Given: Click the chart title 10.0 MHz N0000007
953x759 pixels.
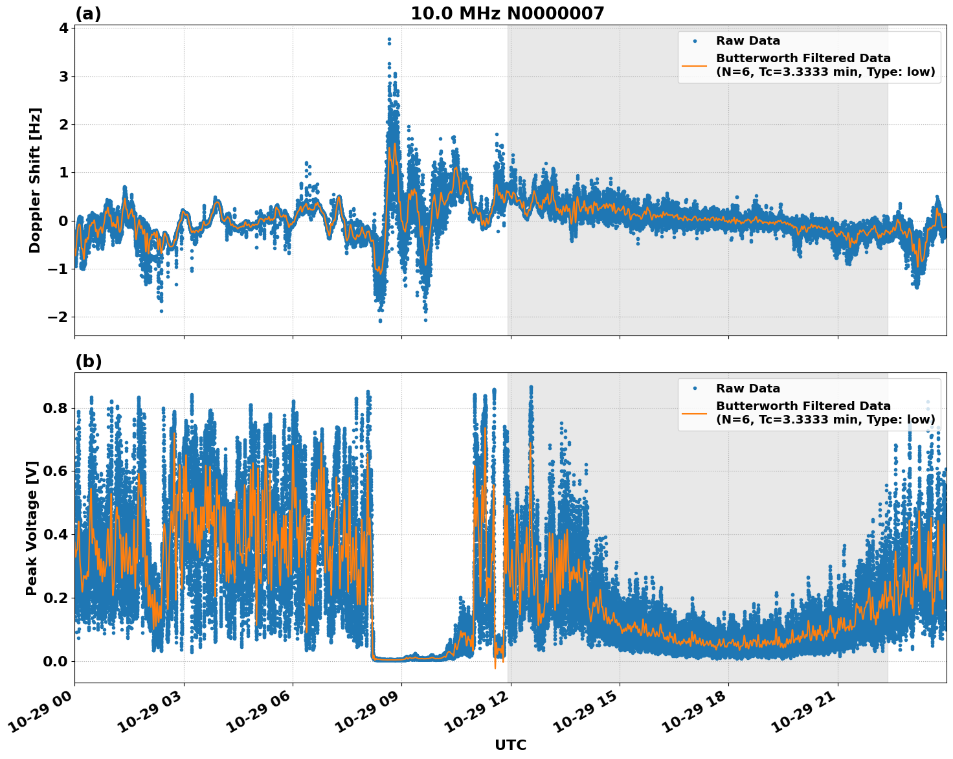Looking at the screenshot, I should pyautogui.click(x=507, y=14).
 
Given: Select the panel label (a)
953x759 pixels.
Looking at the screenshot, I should pyautogui.click(x=88, y=14).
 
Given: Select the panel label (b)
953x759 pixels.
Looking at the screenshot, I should pyautogui.click(x=88, y=361).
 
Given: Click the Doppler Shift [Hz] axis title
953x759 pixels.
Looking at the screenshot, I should pyautogui.click(x=35, y=180).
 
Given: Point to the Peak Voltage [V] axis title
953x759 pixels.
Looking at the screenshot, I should pyautogui.click(x=32, y=528).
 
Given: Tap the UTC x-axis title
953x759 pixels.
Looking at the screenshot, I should pyautogui.click(x=510, y=745).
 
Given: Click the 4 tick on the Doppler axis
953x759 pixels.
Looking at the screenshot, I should pyautogui.click(x=63, y=28).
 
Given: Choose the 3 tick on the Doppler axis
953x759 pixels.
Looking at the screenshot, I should pyautogui.click(x=63, y=76).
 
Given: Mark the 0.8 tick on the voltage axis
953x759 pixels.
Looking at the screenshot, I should pyautogui.click(x=56, y=408).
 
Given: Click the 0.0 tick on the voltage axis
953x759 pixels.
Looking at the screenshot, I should pyautogui.click(x=56, y=661).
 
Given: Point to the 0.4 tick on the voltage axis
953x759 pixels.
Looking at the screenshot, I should pyautogui.click(x=56, y=534).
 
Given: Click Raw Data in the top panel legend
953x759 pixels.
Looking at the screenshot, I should pyautogui.click(x=748, y=41).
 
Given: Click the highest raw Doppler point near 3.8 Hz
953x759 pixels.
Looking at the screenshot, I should pyautogui.click(x=389, y=40).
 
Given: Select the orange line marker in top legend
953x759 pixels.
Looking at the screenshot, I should pyautogui.click(x=695, y=65).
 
